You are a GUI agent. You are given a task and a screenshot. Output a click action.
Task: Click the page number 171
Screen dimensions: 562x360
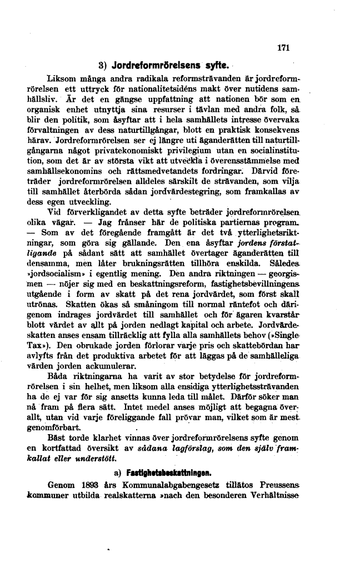tap(283, 48)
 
